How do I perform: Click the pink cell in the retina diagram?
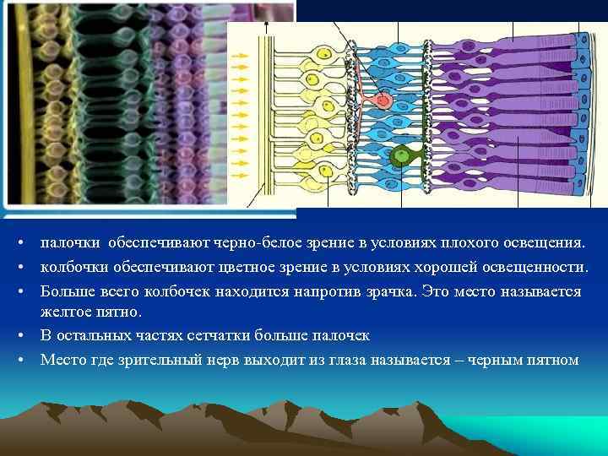(383, 100)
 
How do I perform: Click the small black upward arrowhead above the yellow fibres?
(266, 25)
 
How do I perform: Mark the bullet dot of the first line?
(19, 244)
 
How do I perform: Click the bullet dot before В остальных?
(19, 336)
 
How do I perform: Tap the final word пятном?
(555, 359)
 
